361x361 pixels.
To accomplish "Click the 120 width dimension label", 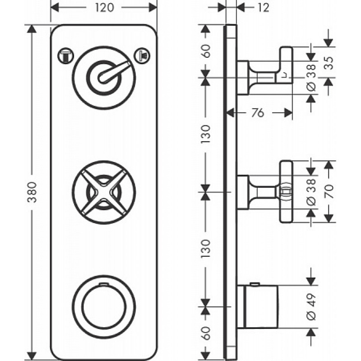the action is point(104,8).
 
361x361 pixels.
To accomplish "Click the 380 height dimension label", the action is point(32,192).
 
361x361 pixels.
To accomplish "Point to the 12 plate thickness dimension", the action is point(263,8).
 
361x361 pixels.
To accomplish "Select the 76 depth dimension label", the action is point(258,113).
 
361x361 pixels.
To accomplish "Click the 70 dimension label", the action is point(329,191).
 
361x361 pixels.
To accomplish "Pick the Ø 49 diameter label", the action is point(311,306).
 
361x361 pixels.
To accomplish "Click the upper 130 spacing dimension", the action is point(206,134).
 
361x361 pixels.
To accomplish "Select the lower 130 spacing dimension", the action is point(206,249).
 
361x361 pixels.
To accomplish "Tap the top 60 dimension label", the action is point(206,51).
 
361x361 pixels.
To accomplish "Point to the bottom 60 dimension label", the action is point(206,333).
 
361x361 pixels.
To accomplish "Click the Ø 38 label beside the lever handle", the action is point(311,78).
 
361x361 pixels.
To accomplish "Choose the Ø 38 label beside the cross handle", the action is point(311,192).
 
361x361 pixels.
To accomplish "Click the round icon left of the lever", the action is point(65,56).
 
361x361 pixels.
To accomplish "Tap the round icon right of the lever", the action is point(142,56).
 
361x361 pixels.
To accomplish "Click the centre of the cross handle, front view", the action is point(104,192).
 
